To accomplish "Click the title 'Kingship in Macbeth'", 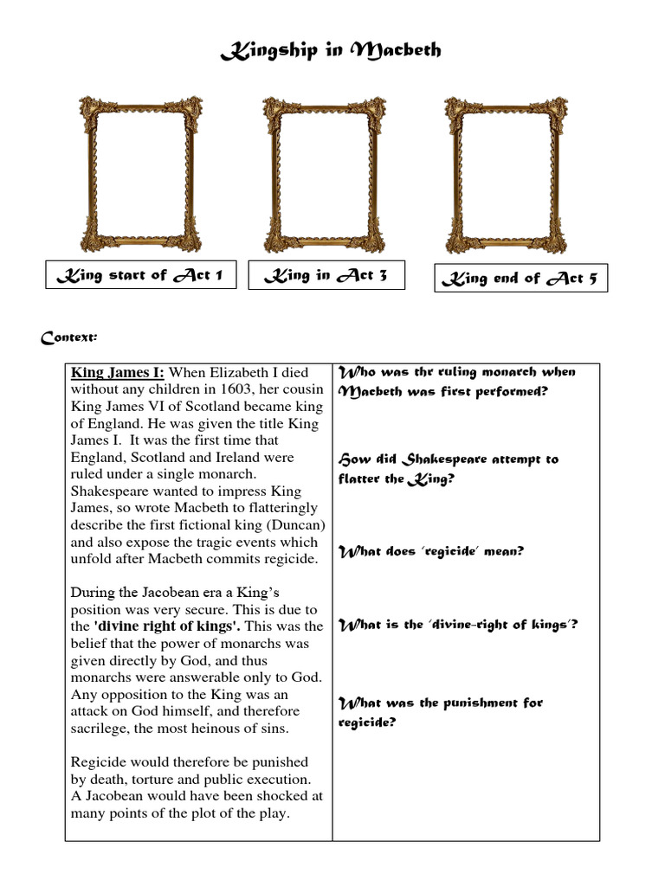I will [331, 51].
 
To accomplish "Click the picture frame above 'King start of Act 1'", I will [140, 173].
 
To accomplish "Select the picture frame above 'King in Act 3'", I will [324, 173].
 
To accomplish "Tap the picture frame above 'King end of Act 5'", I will [507, 173].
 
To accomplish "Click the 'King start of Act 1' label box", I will [140, 275].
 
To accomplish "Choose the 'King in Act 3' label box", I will [324, 275].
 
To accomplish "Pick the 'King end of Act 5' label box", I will [520, 279].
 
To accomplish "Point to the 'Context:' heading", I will [69, 337].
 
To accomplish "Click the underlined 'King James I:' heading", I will [117, 373].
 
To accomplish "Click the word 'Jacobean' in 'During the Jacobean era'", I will [168, 593].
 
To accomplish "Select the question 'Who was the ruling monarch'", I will [456, 382].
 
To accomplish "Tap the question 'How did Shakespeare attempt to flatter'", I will [448, 468].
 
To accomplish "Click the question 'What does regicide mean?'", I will [430, 551].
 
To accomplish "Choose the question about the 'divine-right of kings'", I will [457, 624].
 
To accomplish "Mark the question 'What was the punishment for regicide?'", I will [440, 712].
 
